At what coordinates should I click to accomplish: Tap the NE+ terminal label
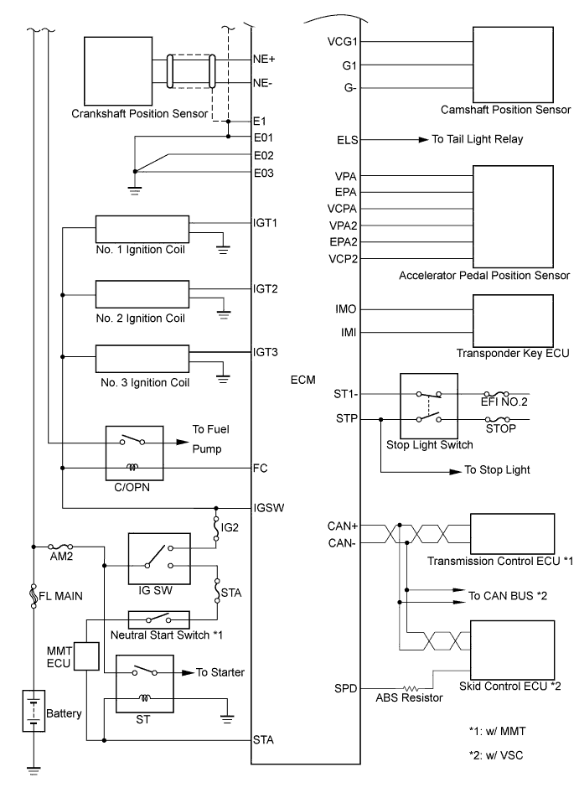tap(265, 60)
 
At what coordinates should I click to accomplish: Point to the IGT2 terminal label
tap(266, 289)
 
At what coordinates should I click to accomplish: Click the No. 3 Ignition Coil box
tap(143, 359)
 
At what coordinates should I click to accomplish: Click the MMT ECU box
tap(86, 657)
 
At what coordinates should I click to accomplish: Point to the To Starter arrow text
tap(221, 671)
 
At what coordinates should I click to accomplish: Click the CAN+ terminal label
tap(344, 526)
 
